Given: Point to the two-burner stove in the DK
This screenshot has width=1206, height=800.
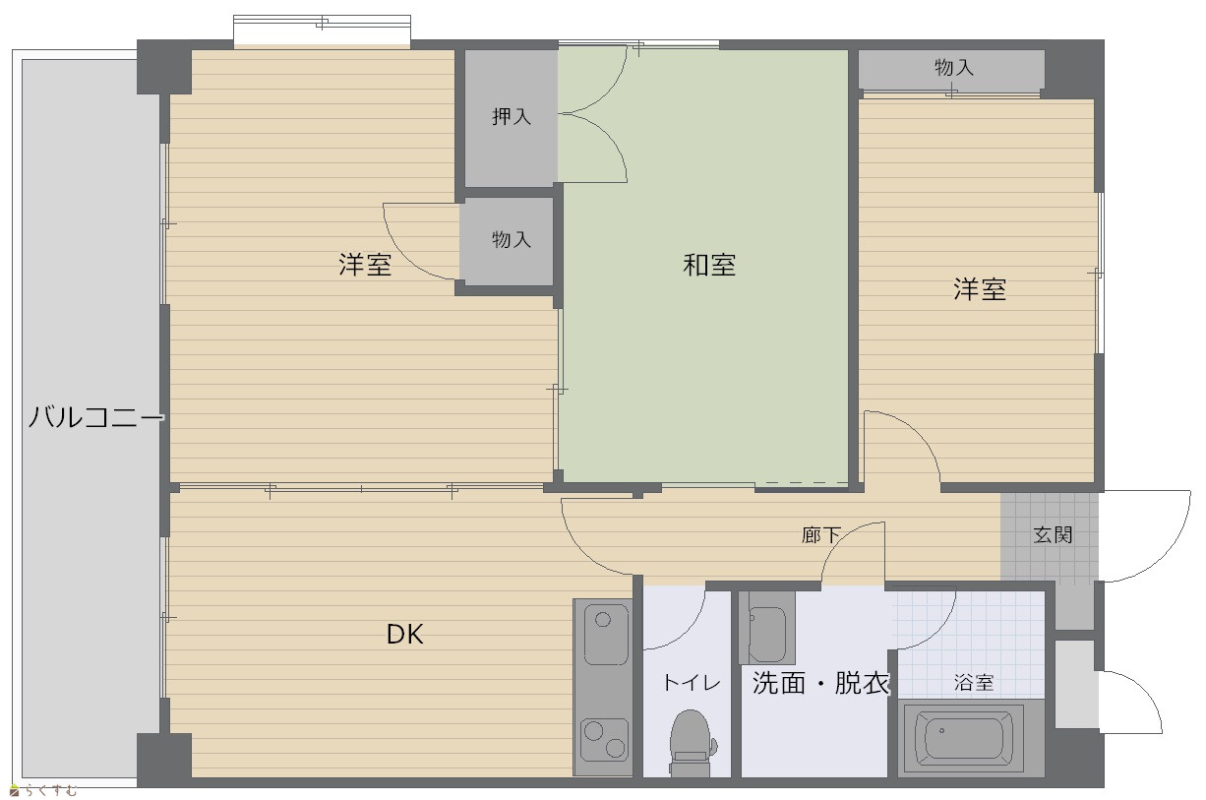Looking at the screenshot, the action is coord(604,740).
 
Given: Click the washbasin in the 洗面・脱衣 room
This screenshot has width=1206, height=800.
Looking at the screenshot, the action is coord(766,628).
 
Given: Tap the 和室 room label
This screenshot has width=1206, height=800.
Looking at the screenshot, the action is coord(709,265).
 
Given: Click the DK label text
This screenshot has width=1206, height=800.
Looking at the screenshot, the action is coord(405,635).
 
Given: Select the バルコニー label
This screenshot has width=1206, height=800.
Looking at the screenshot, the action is coord(95,416).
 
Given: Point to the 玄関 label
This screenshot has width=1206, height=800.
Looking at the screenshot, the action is coord(1053,535).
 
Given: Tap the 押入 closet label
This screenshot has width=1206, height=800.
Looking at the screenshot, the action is coord(511,116).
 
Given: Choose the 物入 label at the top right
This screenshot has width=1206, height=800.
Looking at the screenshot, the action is coord(953,68).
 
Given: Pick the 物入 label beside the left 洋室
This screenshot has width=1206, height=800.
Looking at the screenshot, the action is coord(511,239).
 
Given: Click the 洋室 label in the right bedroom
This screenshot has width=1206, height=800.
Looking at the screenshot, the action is coord(980,288).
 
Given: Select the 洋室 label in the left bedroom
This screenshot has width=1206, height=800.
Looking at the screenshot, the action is coord(365,265).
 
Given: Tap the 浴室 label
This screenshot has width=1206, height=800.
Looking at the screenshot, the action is coord(974,683).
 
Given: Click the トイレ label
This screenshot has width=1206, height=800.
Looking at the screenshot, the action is coord(692,683).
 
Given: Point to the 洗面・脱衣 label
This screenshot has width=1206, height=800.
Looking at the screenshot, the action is coord(820,683).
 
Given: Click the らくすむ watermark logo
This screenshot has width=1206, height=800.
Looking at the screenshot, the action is coord(43,790).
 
